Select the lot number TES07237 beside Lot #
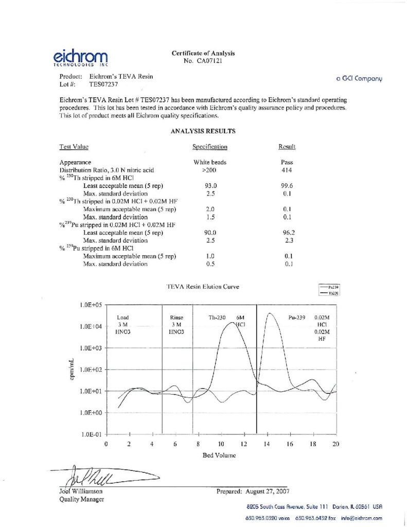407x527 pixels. point(104,83)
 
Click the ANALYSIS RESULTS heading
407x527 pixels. point(203,131)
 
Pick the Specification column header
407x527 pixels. point(209,147)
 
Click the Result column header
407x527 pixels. point(287,147)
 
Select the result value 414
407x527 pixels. point(287,170)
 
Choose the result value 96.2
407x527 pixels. point(288,233)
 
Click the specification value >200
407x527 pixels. point(209,170)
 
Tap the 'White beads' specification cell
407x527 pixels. point(209,162)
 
